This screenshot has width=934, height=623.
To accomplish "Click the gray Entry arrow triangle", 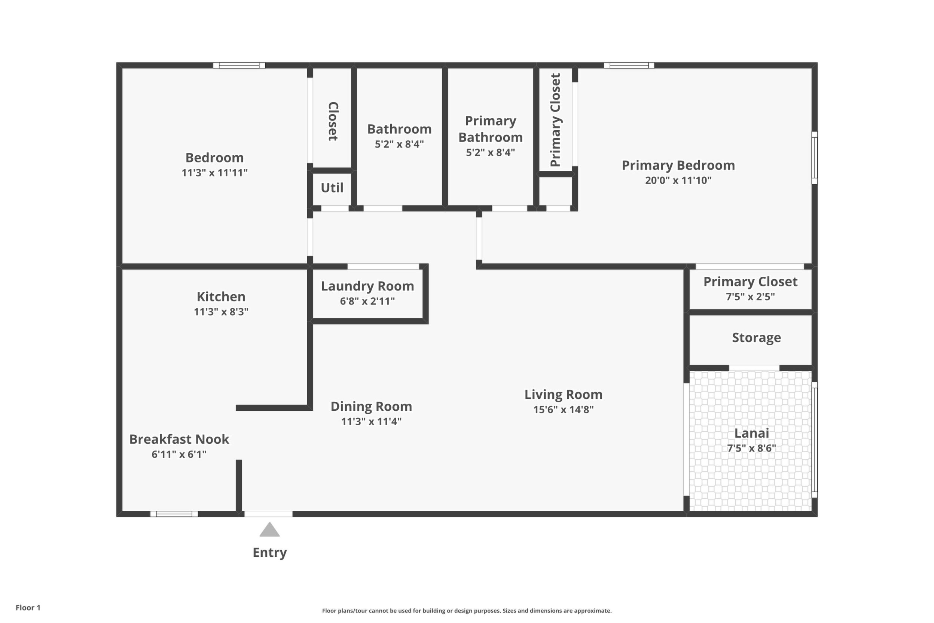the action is point(270,530).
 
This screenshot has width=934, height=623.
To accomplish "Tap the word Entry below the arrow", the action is point(270,553).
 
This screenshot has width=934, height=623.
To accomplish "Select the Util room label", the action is point(332,188).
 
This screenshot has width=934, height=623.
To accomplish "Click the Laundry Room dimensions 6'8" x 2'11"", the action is point(367,301).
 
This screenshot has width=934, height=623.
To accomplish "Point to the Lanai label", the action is point(752,433).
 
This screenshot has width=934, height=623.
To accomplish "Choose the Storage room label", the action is point(757,337).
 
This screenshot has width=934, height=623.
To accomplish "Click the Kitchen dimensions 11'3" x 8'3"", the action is point(221,311).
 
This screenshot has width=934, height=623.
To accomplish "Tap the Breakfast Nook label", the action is point(179,439).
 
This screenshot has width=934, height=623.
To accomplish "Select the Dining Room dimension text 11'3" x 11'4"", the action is point(371,421).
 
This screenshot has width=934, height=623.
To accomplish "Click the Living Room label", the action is point(564,395).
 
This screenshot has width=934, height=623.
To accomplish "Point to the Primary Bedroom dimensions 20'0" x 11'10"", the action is point(678,180).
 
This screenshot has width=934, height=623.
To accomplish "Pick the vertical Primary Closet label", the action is point(555,120).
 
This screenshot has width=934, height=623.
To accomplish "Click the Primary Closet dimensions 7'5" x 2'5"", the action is point(751,297).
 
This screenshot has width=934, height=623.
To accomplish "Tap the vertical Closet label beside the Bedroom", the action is point(333,121).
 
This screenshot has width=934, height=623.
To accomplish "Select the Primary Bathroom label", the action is point(491,129).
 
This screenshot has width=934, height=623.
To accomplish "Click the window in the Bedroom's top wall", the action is point(239,65).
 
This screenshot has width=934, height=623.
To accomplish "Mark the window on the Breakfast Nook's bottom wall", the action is point(174,514).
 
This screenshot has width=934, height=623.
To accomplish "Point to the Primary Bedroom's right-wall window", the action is point(815,158).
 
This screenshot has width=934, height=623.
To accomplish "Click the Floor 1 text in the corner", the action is point(28,608).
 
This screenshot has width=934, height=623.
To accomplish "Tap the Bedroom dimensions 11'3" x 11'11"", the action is point(214,173).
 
